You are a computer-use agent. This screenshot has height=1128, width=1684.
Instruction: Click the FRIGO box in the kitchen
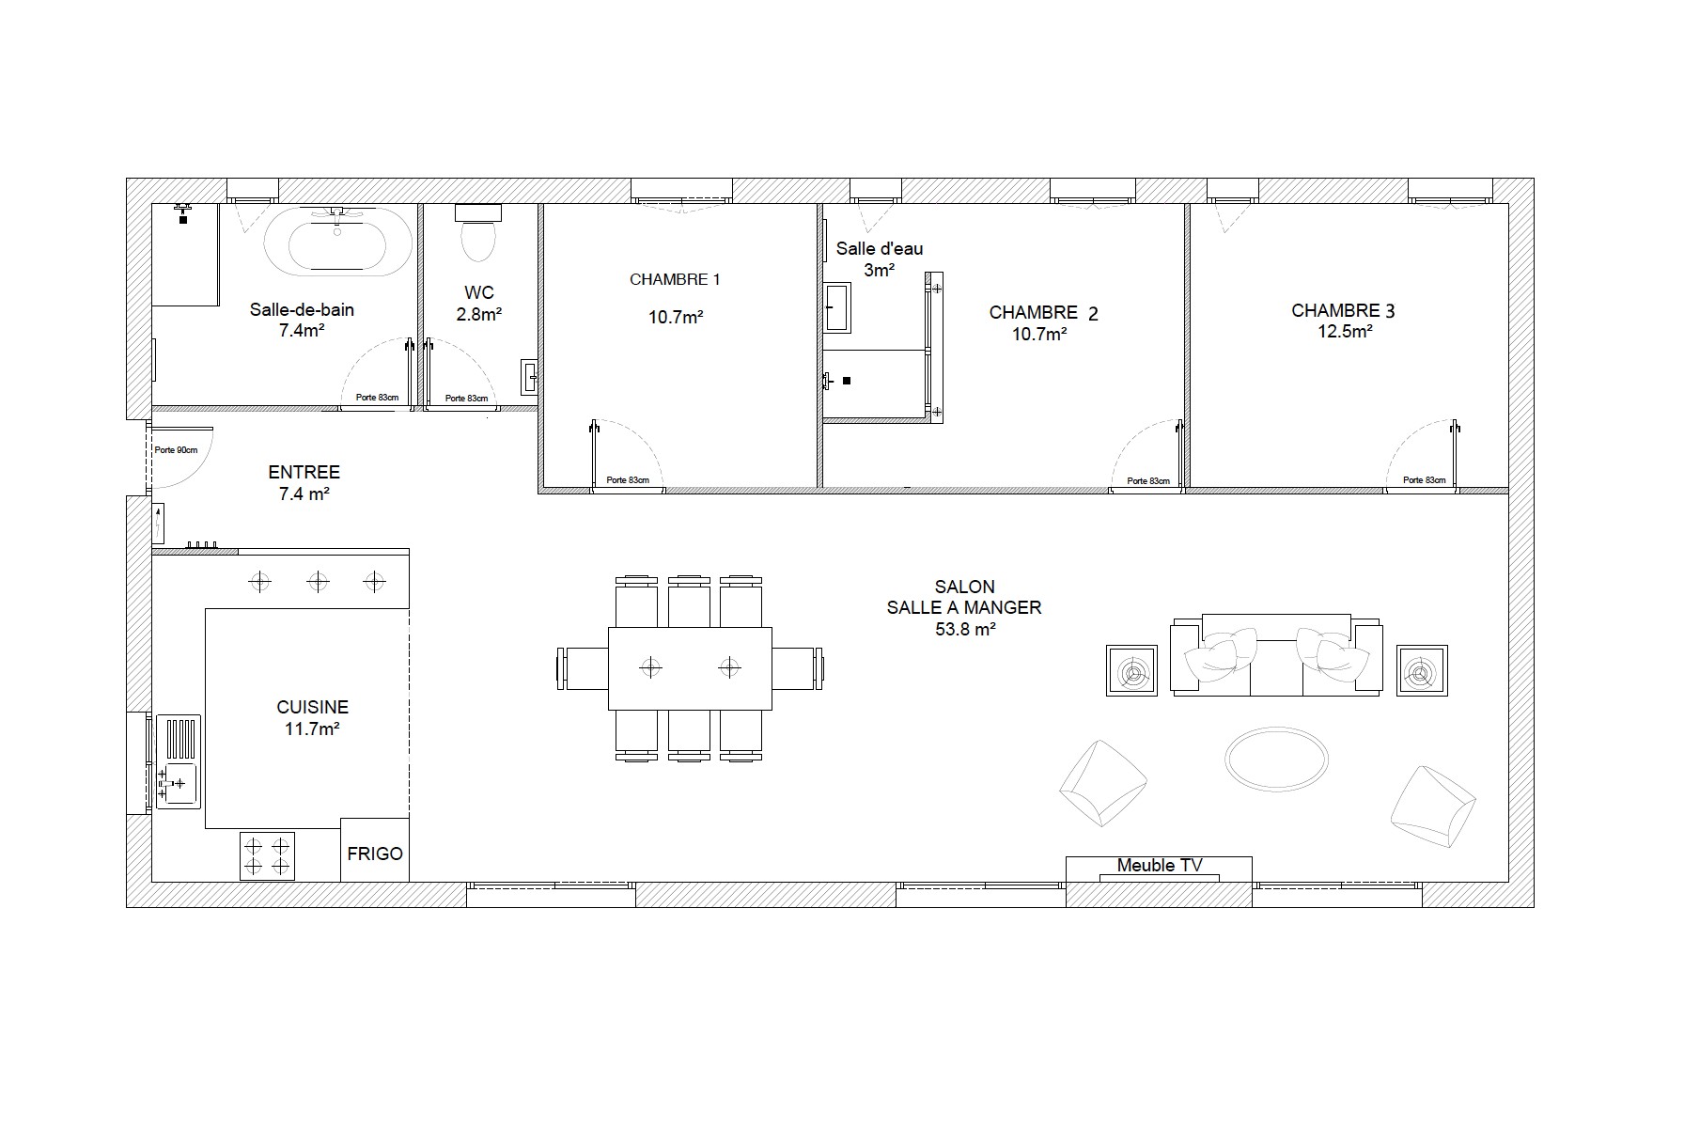pyautogui.click(x=375, y=850)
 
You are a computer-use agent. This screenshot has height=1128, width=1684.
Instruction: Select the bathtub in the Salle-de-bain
pyautogui.click(x=336, y=242)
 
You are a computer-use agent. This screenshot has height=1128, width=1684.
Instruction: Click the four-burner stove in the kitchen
pyautogui.click(x=267, y=855)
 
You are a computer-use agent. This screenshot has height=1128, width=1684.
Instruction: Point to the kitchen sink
pyautogui.click(x=177, y=762)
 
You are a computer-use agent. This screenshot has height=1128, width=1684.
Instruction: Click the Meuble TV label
pyautogui.click(x=1160, y=866)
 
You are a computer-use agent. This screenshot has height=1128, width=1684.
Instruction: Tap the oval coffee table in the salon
pyautogui.click(x=1276, y=757)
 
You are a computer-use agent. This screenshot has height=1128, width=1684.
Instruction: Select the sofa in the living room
pyautogui.click(x=1276, y=654)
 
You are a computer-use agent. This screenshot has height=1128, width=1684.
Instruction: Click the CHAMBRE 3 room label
pyautogui.click(x=1343, y=311)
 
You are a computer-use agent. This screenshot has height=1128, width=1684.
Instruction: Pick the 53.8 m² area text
pyautogui.click(x=965, y=630)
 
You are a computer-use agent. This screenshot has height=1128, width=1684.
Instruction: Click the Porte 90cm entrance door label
pyautogui.click(x=177, y=450)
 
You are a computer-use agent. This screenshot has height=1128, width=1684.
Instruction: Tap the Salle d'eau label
pyautogui.click(x=880, y=249)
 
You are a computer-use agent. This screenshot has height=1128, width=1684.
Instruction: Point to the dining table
pyautogui.click(x=690, y=668)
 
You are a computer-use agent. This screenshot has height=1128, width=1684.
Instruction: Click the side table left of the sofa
pyautogui.click(x=1131, y=670)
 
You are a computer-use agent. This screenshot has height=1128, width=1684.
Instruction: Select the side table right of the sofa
pyautogui.click(x=1422, y=670)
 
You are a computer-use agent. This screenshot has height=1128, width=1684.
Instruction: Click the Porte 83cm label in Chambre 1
pyautogui.click(x=628, y=480)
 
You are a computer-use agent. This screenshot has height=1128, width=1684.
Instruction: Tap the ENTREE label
pyautogui.click(x=304, y=473)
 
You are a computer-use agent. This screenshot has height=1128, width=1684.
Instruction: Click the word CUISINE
pyautogui.click(x=312, y=708)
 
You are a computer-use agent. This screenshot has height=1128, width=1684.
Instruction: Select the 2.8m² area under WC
pyautogui.click(x=478, y=315)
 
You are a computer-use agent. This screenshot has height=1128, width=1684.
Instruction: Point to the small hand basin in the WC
pyautogui.click(x=530, y=377)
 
